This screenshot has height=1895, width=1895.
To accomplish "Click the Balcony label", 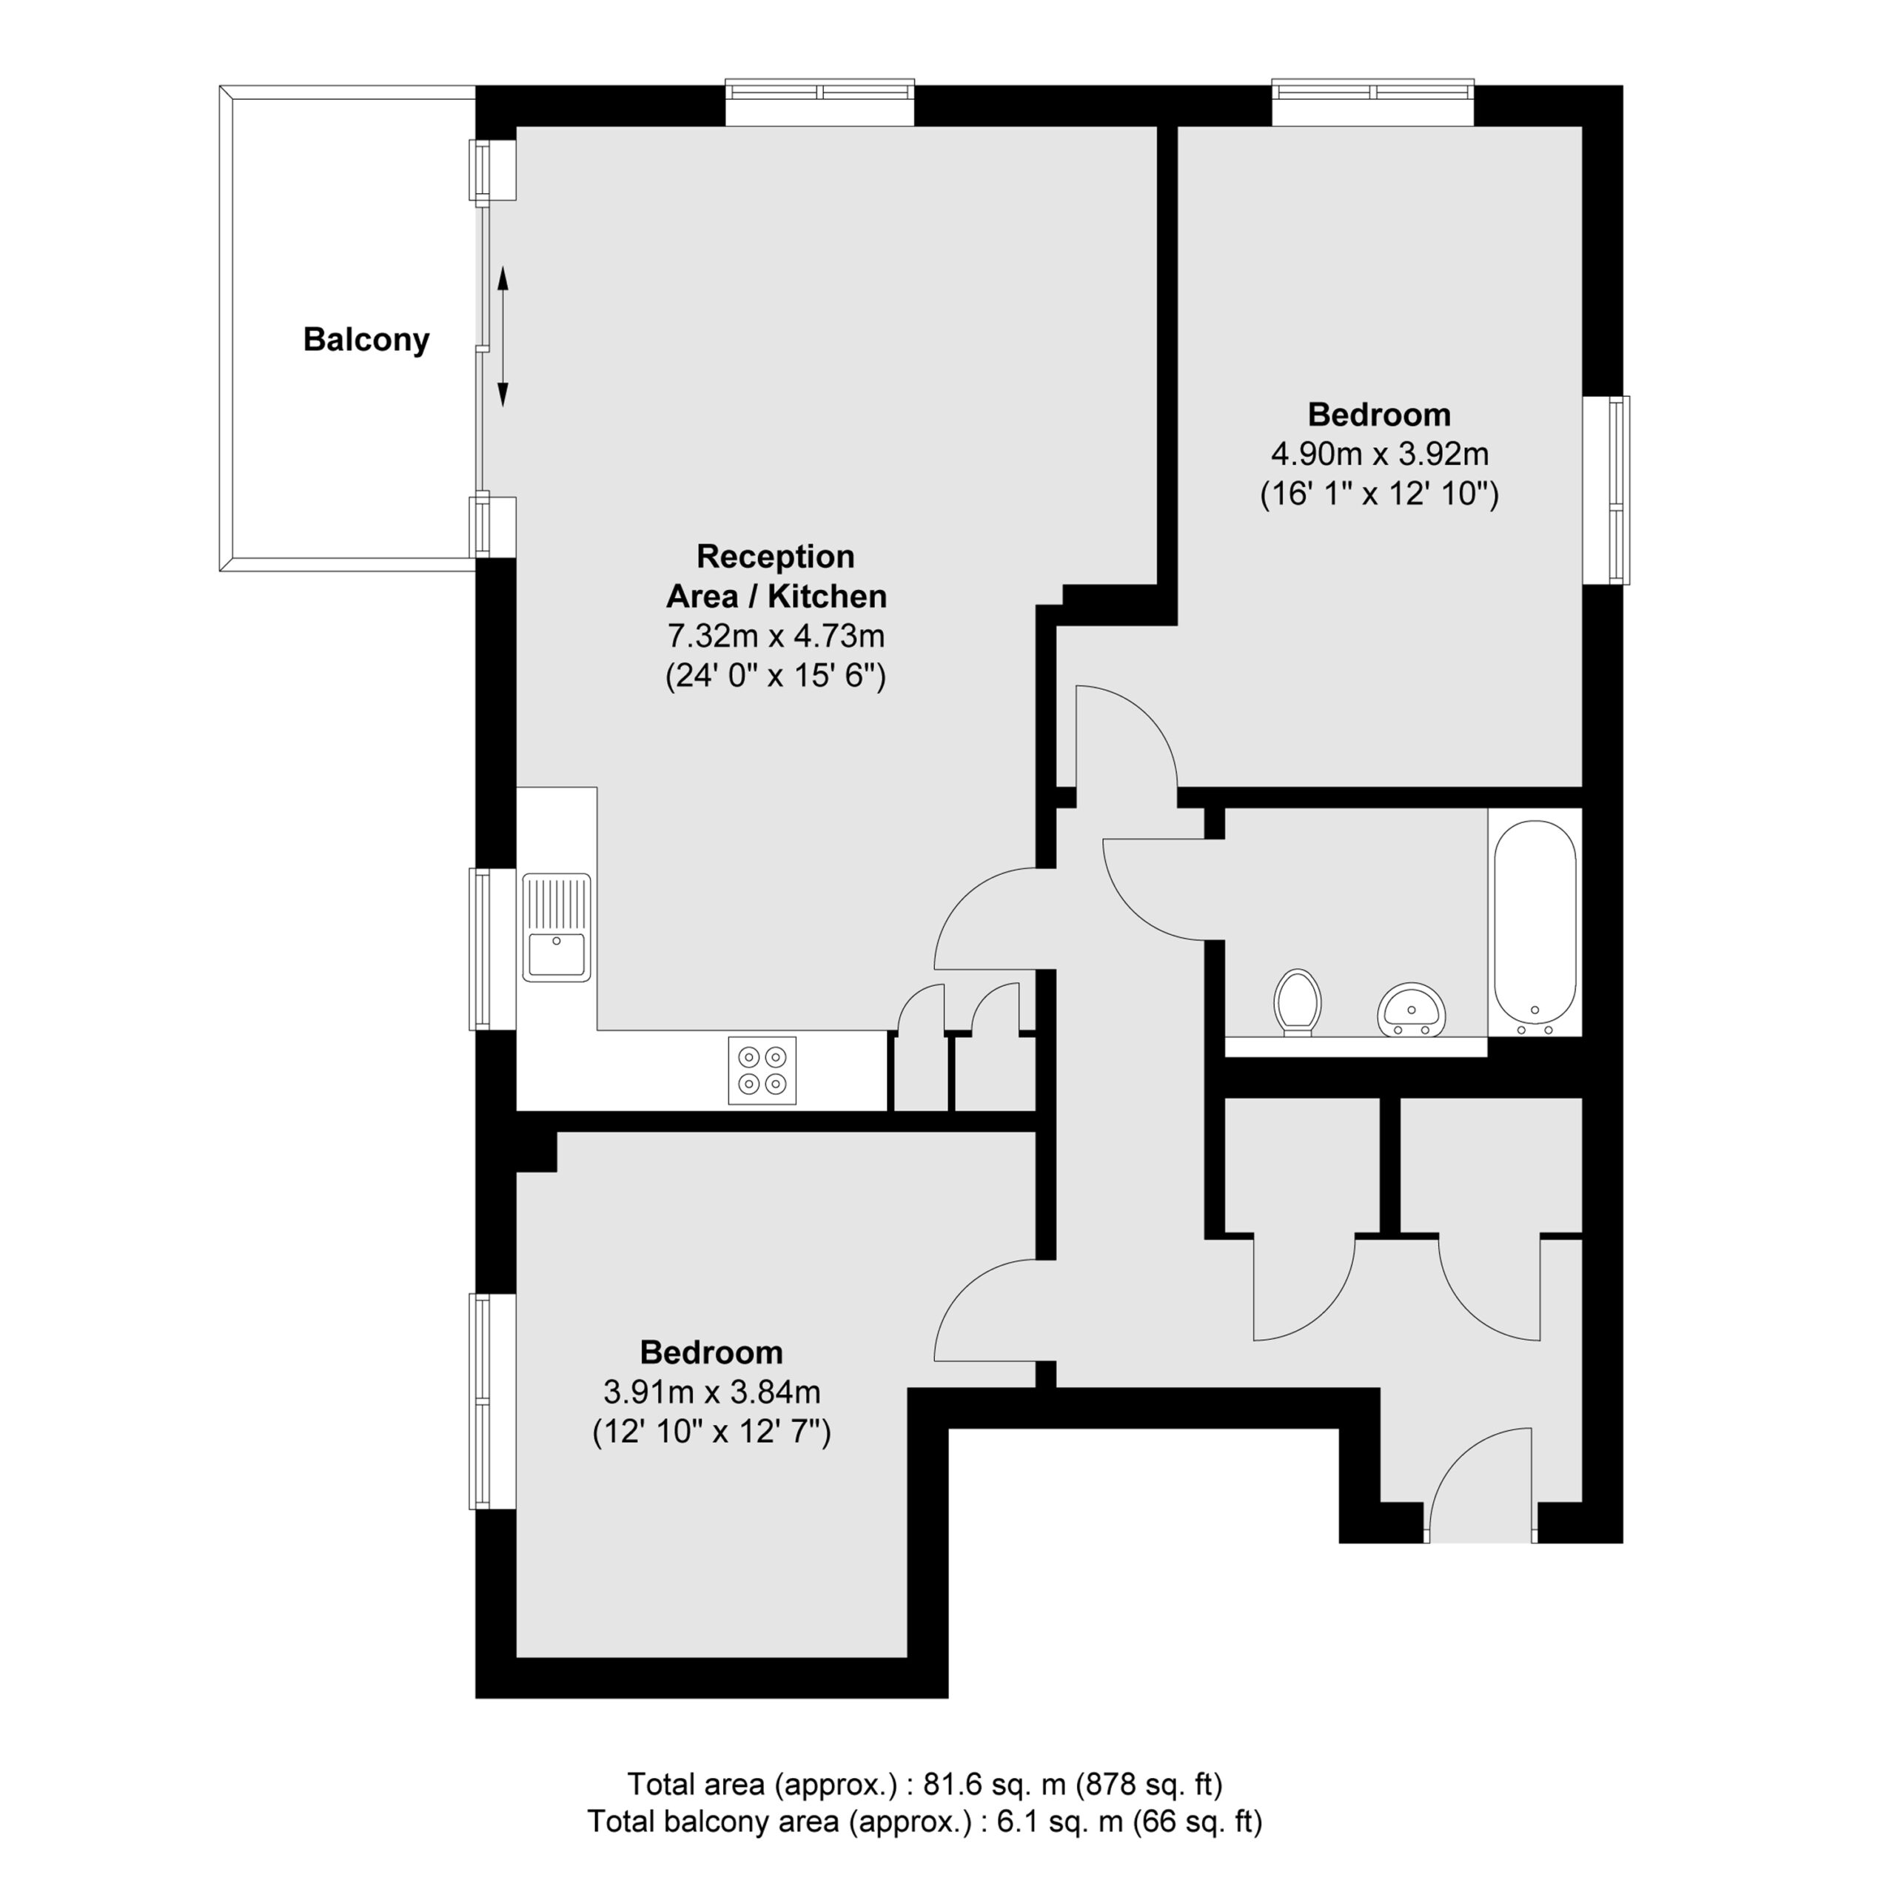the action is [366, 339].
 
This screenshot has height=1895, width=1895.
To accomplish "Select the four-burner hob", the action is [762, 1070].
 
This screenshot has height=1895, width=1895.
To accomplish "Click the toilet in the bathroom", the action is [1298, 1002].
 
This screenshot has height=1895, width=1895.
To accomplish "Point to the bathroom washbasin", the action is [1412, 1009].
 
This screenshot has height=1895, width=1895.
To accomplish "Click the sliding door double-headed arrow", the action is [503, 336].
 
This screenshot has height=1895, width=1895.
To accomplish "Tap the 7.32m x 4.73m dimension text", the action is [776, 637].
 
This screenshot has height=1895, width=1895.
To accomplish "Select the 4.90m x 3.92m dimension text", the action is [1380, 454].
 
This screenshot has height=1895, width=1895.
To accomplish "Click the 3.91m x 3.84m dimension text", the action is [712, 1392].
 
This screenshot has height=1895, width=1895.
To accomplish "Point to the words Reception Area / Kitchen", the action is [776, 576].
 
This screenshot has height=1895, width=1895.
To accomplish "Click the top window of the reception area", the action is [820, 102].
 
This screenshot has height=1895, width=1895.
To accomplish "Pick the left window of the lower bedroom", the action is [492, 1401].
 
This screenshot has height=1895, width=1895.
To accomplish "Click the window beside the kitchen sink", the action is [492, 948].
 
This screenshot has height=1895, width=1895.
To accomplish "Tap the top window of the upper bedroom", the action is [1373, 102].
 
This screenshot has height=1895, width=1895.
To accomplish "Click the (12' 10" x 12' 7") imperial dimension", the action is [712, 1433].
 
